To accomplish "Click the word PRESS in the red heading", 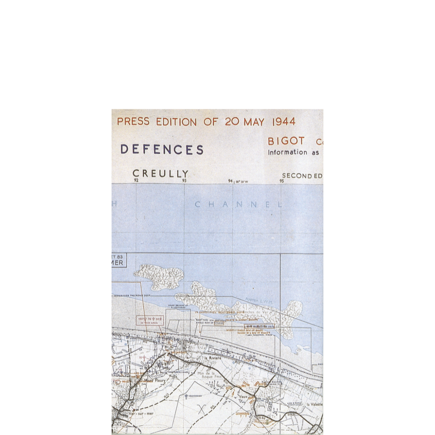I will pyautogui.click(x=133, y=122).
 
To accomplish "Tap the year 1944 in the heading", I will pyautogui.click(x=284, y=122).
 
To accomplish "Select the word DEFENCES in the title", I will pyautogui.click(x=162, y=150).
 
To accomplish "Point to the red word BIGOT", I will pyautogui.click(x=286, y=141).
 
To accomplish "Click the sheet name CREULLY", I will pyautogui.click(x=161, y=174).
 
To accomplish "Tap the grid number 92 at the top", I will pyautogui.click(x=136, y=181).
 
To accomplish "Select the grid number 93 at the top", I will pyautogui.click(x=184, y=181).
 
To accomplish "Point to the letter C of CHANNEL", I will pyautogui.click(x=198, y=205).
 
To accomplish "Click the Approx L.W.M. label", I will pyautogui.click(x=259, y=301).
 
